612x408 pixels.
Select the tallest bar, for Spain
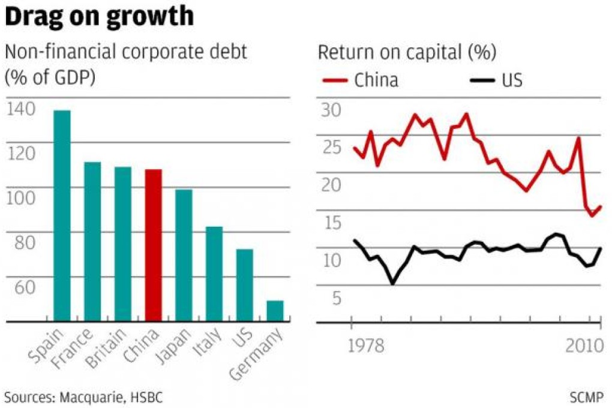click(x=62, y=216)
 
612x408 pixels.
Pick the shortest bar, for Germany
click(x=275, y=311)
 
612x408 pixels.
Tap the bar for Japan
click(x=184, y=255)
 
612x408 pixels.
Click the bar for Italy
click(x=214, y=274)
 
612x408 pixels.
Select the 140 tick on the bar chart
click(x=22, y=109)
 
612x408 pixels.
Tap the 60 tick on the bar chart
click(x=22, y=287)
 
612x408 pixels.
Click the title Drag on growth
click(x=100, y=17)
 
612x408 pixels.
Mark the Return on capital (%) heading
click(x=407, y=53)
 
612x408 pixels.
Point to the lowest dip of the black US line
click(x=393, y=283)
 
